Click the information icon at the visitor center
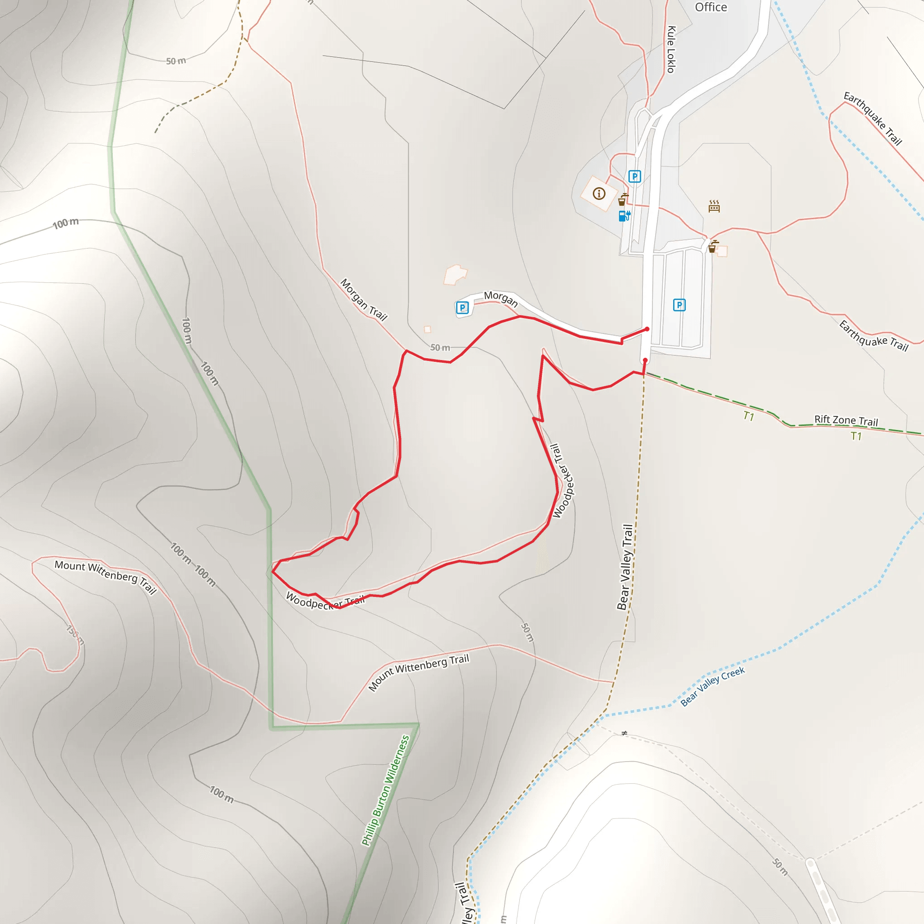[x=599, y=193]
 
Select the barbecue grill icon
[x=714, y=206]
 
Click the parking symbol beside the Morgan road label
[x=462, y=308]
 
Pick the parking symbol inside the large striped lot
[x=679, y=305]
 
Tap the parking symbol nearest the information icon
[x=634, y=176]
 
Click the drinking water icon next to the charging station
[x=623, y=199]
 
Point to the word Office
[x=711, y=7]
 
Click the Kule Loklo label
[x=671, y=49]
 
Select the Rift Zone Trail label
[x=846, y=420]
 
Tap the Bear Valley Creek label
[x=712, y=686]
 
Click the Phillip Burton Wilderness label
[x=385, y=790]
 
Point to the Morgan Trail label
[x=364, y=300]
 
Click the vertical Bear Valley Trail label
[x=624, y=567]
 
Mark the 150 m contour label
[x=75, y=635]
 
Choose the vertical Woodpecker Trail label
[x=563, y=481]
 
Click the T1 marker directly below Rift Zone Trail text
[x=856, y=436]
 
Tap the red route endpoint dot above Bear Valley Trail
[x=645, y=360]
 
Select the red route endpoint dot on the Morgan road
[x=647, y=329]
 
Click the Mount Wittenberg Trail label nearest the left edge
[x=105, y=577]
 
